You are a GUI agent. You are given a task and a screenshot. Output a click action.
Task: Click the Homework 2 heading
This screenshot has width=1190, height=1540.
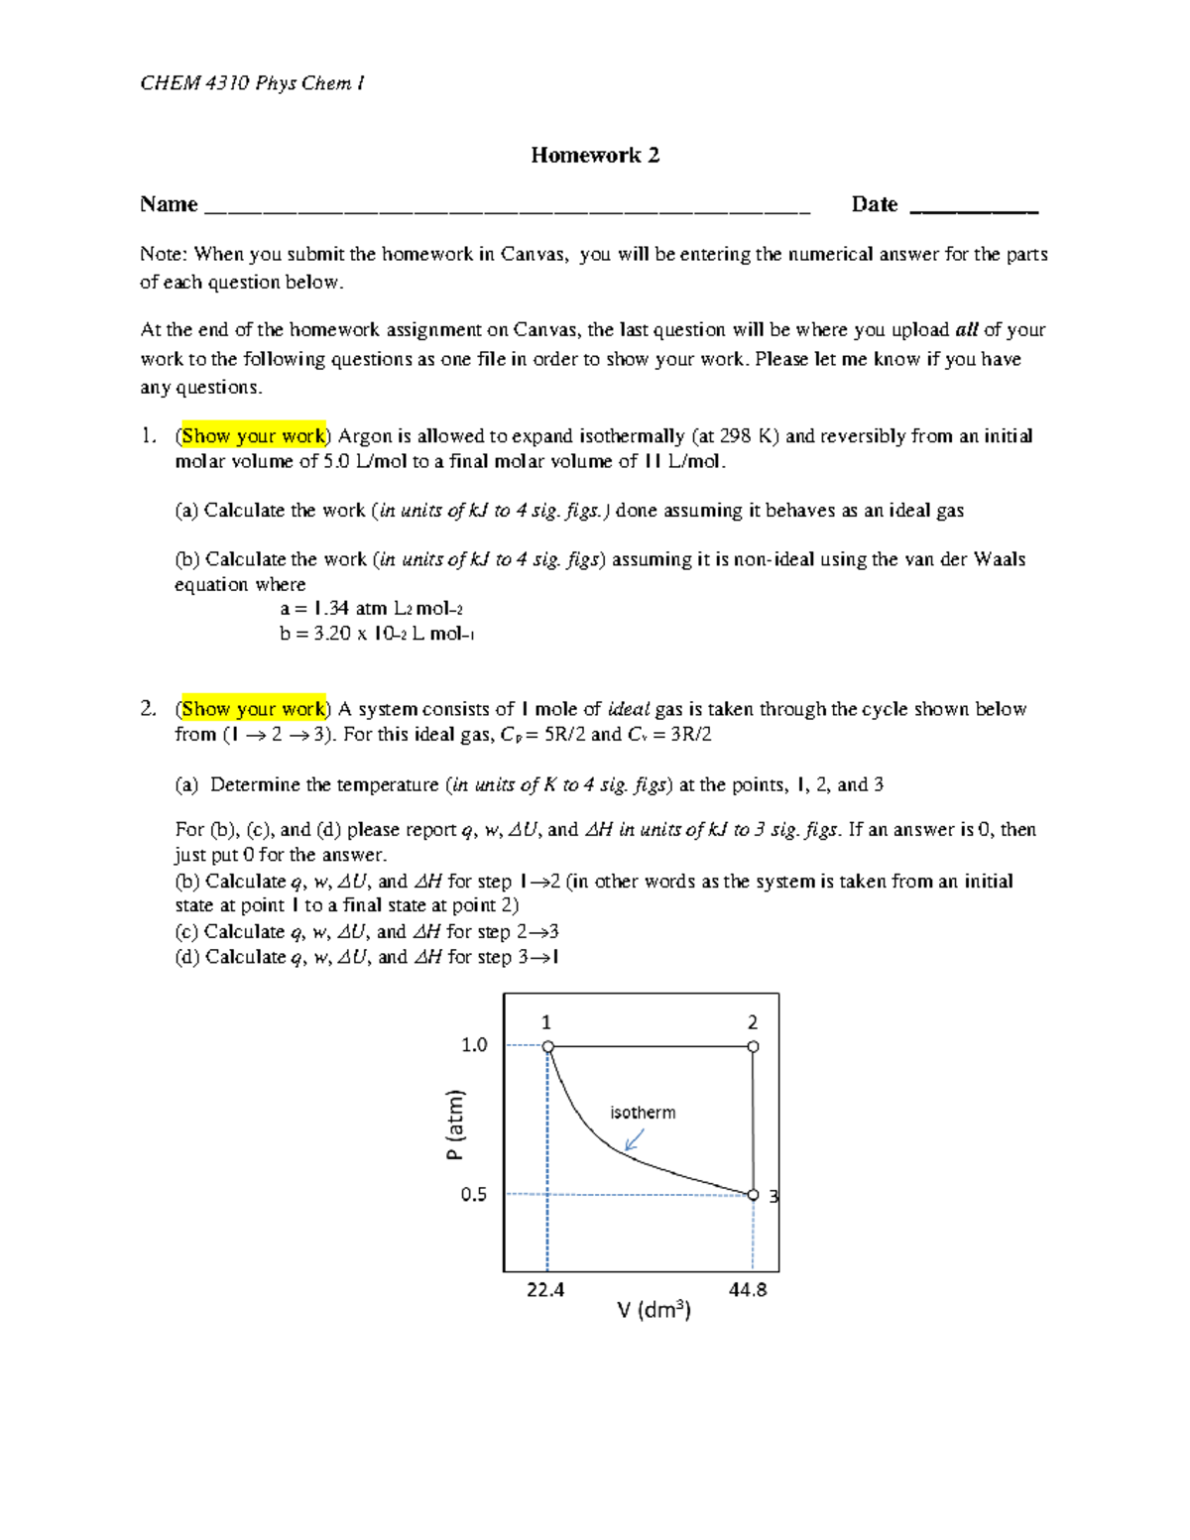[x=595, y=156]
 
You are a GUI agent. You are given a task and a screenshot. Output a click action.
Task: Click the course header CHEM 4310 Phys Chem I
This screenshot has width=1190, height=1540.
[x=252, y=83]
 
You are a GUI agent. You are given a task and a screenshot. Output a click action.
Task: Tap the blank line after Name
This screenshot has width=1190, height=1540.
[x=506, y=209]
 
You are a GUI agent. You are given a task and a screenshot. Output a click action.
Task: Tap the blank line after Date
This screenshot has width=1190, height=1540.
[x=973, y=209]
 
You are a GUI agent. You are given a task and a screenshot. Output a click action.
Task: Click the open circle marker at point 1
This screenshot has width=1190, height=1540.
[x=548, y=1047]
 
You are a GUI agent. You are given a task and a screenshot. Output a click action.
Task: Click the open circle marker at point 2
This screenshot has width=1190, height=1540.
[x=753, y=1047]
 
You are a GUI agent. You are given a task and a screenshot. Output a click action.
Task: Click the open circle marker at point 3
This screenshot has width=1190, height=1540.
[x=753, y=1195]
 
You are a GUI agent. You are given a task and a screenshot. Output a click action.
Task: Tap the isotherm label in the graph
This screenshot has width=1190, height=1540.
[x=643, y=1113]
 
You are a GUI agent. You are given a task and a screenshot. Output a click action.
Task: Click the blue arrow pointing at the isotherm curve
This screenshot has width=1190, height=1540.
[x=634, y=1139]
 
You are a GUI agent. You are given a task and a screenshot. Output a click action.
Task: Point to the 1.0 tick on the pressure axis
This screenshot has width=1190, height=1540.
[x=474, y=1045]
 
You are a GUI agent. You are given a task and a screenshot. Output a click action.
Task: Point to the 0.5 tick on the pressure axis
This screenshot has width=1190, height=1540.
[x=474, y=1195]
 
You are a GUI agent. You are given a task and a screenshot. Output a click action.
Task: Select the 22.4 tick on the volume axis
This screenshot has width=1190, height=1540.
[x=545, y=1290]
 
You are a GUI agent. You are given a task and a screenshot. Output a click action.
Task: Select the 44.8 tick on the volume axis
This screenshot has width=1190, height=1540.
[x=748, y=1290]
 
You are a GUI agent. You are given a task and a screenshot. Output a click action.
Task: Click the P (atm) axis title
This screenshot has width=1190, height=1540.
[x=454, y=1125]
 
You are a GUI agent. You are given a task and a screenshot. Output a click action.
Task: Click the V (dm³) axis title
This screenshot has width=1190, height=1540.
[x=654, y=1311]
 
